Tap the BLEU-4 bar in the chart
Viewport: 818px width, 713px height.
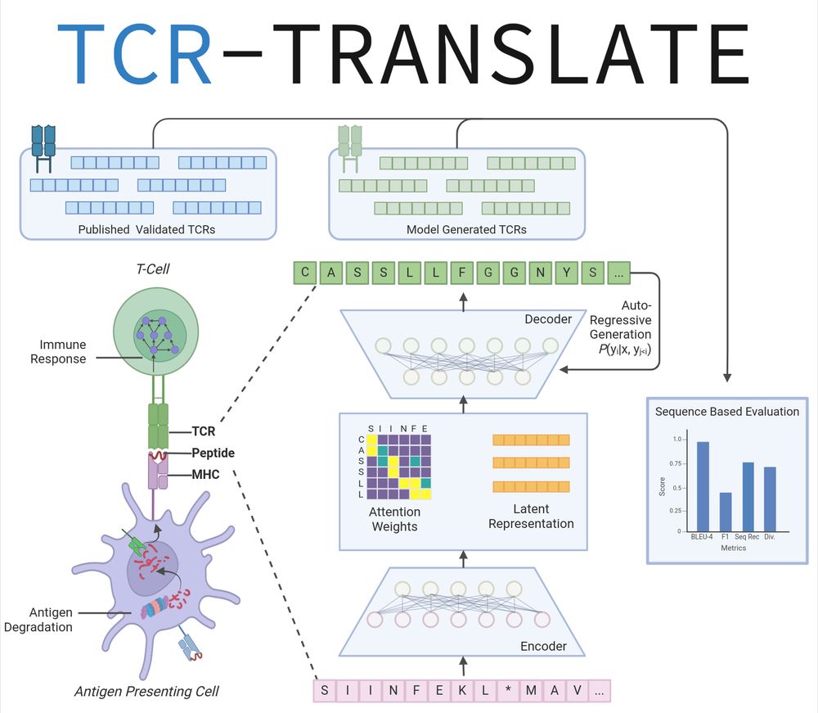pyautogui.click(x=703, y=486)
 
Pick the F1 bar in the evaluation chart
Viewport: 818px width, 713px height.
pyautogui.click(x=725, y=512)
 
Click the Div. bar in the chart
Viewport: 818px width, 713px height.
pyautogui.click(x=770, y=499)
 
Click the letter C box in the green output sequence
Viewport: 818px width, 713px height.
pyautogui.click(x=304, y=273)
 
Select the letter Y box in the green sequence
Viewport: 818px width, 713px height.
pyautogui.click(x=567, y=273)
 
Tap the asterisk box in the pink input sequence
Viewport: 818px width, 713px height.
pyautogui.click(x=508, y=691)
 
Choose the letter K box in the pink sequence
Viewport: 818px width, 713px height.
pyautogui.click(x=462, y=691)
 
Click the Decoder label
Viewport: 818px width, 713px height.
pyautogui.click(x=547, y=319)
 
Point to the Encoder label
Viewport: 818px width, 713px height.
pyautogui.click(x=543, y=647)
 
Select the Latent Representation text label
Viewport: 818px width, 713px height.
pyautogui.click(x=531, y=516)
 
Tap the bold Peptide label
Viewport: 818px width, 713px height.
pyautogui.click(x=213, y=453)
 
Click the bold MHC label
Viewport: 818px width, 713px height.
pyautogui.click(x=205, y=474)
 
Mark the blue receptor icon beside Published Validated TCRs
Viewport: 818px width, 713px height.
pyautogui.click(x=43, y=149)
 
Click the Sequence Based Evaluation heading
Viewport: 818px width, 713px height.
pyautogui.click(x=727, y=412)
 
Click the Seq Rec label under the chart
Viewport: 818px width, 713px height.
pyautogui.click(x=748, y=537)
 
